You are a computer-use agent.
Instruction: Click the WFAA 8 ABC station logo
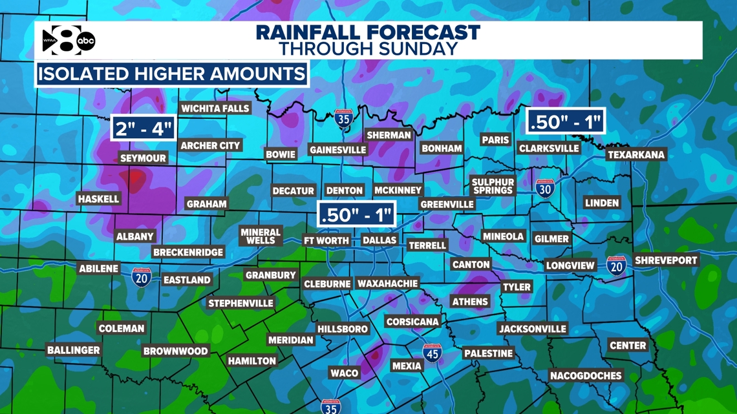point(69,41)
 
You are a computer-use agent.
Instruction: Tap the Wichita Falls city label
point(215,109)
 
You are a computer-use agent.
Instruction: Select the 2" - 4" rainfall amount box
point(144,128)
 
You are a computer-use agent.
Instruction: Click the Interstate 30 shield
point(545,189)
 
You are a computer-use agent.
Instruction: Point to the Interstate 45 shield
point(432,353)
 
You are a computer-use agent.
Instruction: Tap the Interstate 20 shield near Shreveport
point(616,265)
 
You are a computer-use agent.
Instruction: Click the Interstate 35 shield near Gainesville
point(343,119)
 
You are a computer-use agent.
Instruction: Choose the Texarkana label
point(636,155)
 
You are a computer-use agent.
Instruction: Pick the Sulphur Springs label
point(493,186)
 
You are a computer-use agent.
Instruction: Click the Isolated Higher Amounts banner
point(171,74)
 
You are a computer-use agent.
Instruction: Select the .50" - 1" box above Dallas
point(356,214)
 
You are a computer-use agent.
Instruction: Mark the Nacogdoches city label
point(586,375)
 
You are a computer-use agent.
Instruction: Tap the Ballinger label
point(74,350)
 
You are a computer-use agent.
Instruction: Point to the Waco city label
point(344,373)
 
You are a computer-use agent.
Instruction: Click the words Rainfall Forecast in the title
point(368,32)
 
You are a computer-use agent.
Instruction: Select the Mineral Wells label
point(261,236)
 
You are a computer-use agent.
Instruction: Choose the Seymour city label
point(143,158)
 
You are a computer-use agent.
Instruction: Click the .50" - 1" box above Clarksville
point(566,121)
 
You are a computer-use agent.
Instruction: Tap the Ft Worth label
point(326,240)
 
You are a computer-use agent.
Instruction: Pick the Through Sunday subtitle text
point(368,49)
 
